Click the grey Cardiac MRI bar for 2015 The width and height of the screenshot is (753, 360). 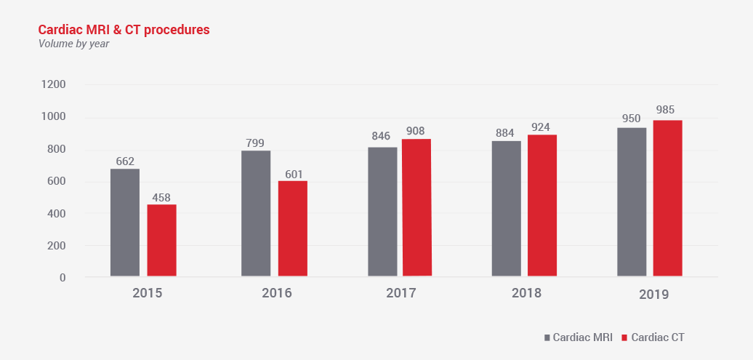(124, 223)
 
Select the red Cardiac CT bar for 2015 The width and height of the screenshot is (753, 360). (161, 240)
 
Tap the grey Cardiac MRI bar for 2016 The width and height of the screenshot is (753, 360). (255, 213)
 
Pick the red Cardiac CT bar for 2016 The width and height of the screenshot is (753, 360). (292, 228)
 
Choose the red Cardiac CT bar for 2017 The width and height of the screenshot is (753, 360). (416, 207)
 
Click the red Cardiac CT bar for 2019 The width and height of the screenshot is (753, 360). (667, 198)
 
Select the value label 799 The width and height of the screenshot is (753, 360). (255, 142)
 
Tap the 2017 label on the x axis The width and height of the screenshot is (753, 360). (401, 293)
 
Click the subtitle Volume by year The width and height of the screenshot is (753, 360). (73, 44)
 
